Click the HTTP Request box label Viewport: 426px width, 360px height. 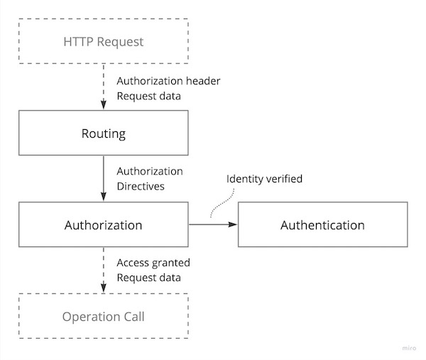coord(103,42)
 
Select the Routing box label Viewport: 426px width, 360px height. coord(103,133)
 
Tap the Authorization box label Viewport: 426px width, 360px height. coord(103,225)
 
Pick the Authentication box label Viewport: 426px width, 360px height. coord(322,225)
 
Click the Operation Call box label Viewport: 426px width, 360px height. coord(103,317)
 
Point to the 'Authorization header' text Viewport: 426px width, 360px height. coord(168,81)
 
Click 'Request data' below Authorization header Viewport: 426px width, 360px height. coord(149,96)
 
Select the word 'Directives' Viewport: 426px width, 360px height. coord(141,186)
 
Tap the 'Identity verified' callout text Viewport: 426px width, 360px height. coord(264,179)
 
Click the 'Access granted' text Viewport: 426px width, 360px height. coord(153,263)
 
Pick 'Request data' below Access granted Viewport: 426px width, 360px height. coord(149,278)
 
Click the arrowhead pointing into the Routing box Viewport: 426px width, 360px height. coord(104,105)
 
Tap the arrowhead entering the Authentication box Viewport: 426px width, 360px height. coord(233,224)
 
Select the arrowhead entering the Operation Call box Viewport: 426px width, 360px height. coord(104,288)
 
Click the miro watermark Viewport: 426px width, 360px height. coord(409,348)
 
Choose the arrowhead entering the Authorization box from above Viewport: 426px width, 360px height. coord(104,197)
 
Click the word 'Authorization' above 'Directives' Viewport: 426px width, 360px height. coord(150,171)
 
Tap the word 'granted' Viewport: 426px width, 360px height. coord(171,263)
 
